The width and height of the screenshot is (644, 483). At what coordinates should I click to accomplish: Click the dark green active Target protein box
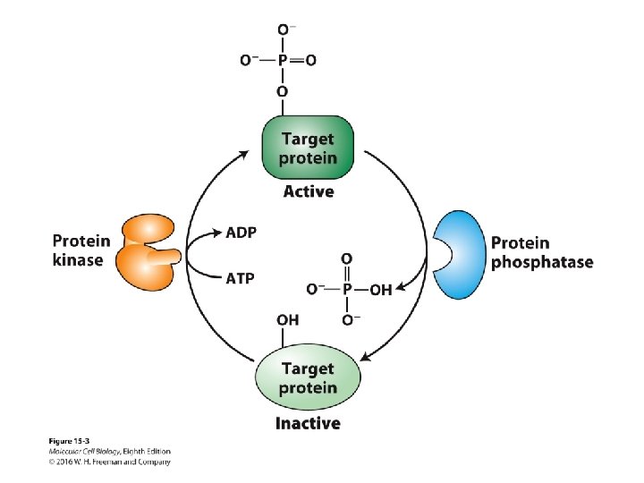point(309,148)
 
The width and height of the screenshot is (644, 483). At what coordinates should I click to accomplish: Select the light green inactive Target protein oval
point(309,378)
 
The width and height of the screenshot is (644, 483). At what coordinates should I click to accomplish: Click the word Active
point(309,191)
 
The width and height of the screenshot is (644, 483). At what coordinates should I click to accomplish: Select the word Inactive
point(309,423)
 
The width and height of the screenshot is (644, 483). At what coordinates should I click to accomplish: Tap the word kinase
point(79,260)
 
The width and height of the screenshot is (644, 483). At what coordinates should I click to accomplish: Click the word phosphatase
point(541,262)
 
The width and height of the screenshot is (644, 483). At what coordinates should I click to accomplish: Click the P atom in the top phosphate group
point(283,60)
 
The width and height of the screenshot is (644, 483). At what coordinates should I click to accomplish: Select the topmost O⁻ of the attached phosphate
point(284,30)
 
